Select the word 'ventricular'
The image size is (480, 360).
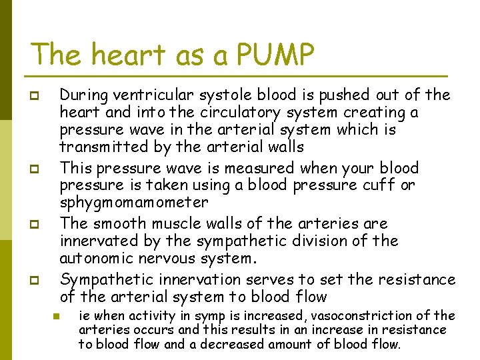(x=158, y=95)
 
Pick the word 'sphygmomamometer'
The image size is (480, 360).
(x=133, y=202)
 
